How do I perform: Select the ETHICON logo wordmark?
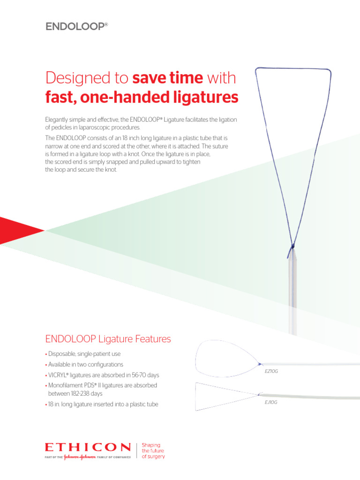[88, 448]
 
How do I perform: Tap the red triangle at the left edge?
[19, 230]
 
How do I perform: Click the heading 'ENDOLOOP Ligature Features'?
[108, 338]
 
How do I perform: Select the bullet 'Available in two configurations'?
[86, 364]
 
